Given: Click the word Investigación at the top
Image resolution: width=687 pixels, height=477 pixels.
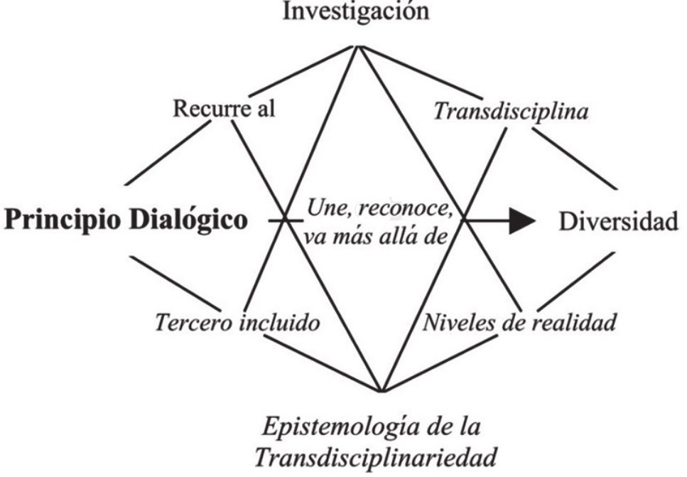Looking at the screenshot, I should click(357, 13).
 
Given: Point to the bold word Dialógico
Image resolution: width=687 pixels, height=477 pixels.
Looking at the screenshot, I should click(191, 221).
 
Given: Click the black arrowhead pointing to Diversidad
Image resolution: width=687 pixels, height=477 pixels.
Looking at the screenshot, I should click(522, 222).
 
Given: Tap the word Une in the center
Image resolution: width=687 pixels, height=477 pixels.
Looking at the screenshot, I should click(325, 210).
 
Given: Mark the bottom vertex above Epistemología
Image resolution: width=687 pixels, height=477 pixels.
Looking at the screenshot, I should click(382, 390).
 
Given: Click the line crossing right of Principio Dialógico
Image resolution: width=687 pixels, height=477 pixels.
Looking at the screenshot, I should click(285, 221).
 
